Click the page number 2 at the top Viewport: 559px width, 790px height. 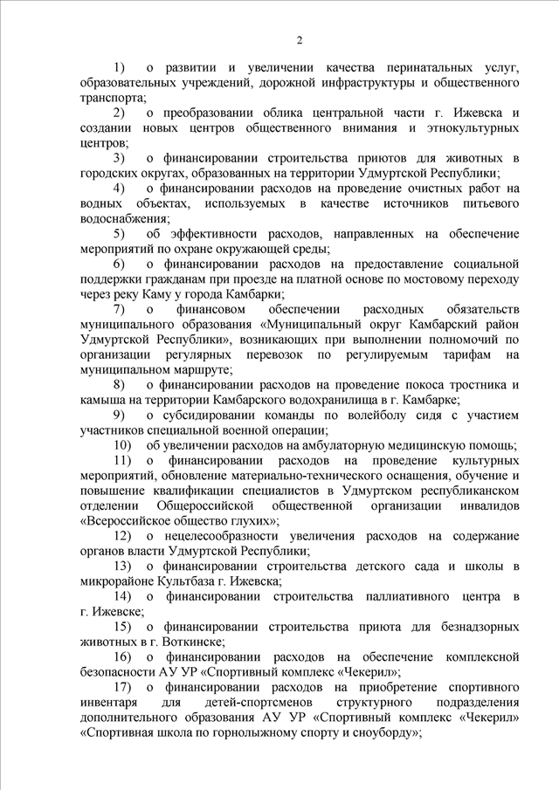point(299,39)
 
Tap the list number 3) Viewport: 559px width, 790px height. point(119,159)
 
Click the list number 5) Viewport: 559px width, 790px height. point(119,234)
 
